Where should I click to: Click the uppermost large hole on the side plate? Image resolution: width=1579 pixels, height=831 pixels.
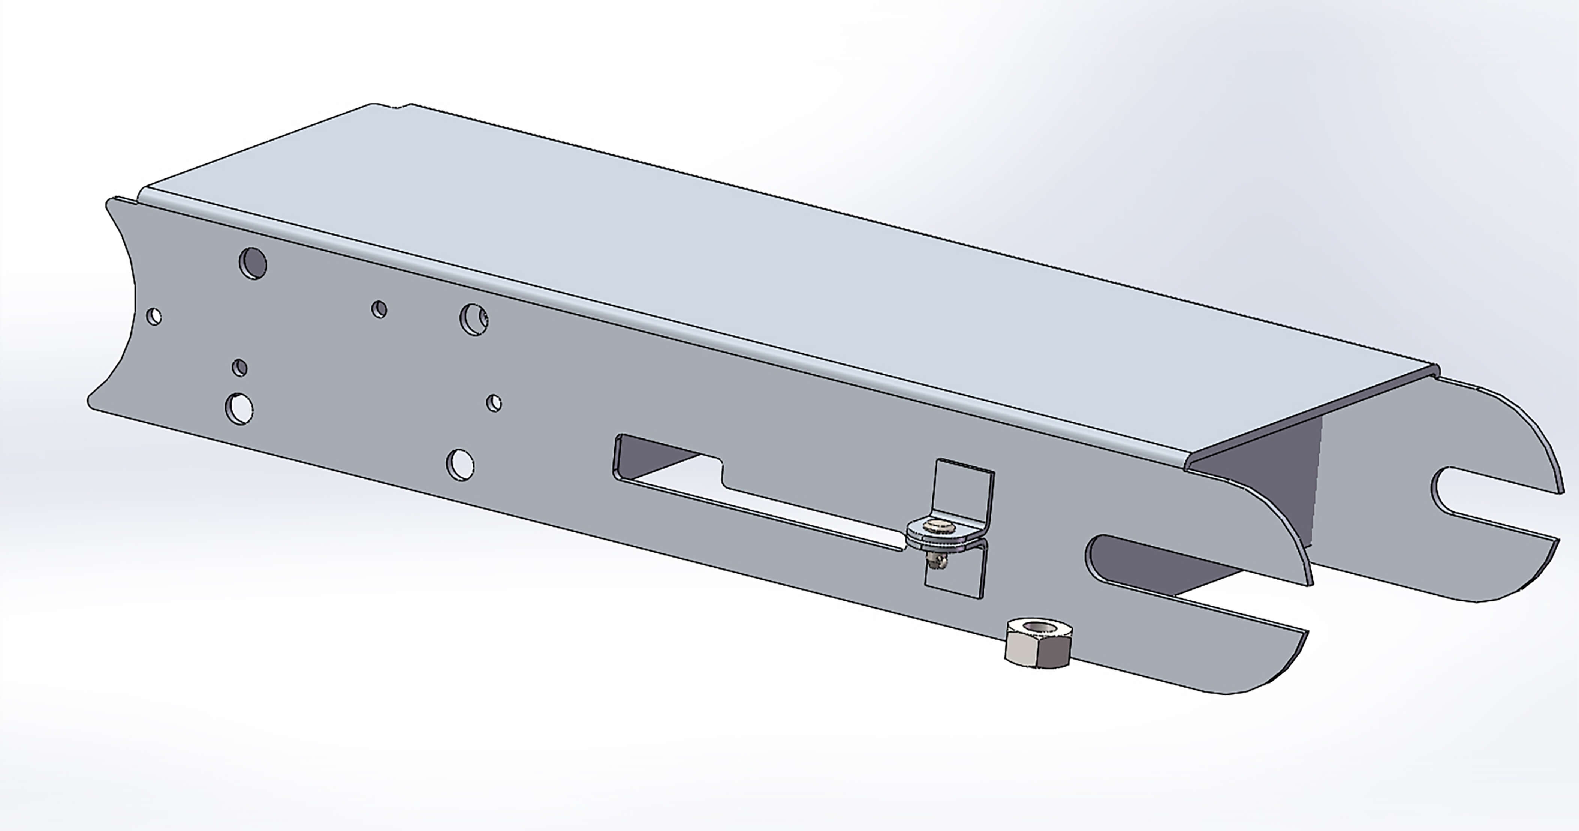[x=253, y=263]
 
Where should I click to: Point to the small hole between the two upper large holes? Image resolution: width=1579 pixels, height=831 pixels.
[x=379, y=309]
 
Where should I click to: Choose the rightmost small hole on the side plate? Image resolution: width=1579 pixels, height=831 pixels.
[x=494, y=403]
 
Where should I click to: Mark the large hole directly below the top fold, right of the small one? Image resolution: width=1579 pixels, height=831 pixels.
[x=473, y=319]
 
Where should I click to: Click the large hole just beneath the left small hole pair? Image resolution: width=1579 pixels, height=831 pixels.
[x=239, y=408]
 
